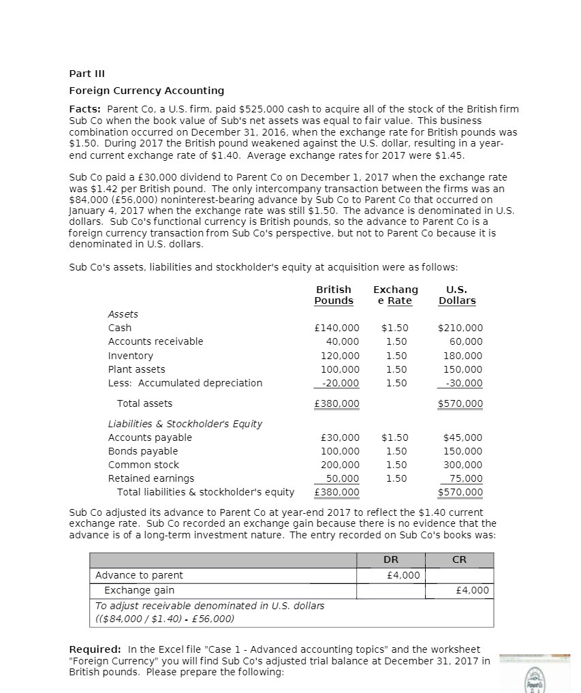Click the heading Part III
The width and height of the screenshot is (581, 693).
click(87, 74)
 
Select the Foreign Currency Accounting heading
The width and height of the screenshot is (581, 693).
click(146, 91)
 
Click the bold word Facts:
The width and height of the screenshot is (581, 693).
click(86, 110)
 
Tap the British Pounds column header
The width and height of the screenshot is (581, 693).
click(334, 295)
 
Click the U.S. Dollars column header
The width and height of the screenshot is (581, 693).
click(457, 295)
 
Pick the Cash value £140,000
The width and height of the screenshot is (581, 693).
click(338, 328)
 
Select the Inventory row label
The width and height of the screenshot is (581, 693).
click(131, 356)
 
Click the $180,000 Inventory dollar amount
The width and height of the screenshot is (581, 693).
click(462, 356)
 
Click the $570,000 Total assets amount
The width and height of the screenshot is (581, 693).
click(460, 403)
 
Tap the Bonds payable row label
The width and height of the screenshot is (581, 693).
click(143, 451)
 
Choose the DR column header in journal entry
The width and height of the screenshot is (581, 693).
click(391, 559)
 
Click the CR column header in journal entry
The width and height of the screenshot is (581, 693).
click(460, 559)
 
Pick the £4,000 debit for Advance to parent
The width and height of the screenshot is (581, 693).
click(403, 575)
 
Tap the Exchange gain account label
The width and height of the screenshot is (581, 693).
click(139, 590)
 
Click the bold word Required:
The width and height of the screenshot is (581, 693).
click(95, 649)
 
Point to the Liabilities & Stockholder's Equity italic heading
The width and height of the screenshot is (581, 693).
click(185, 424)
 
